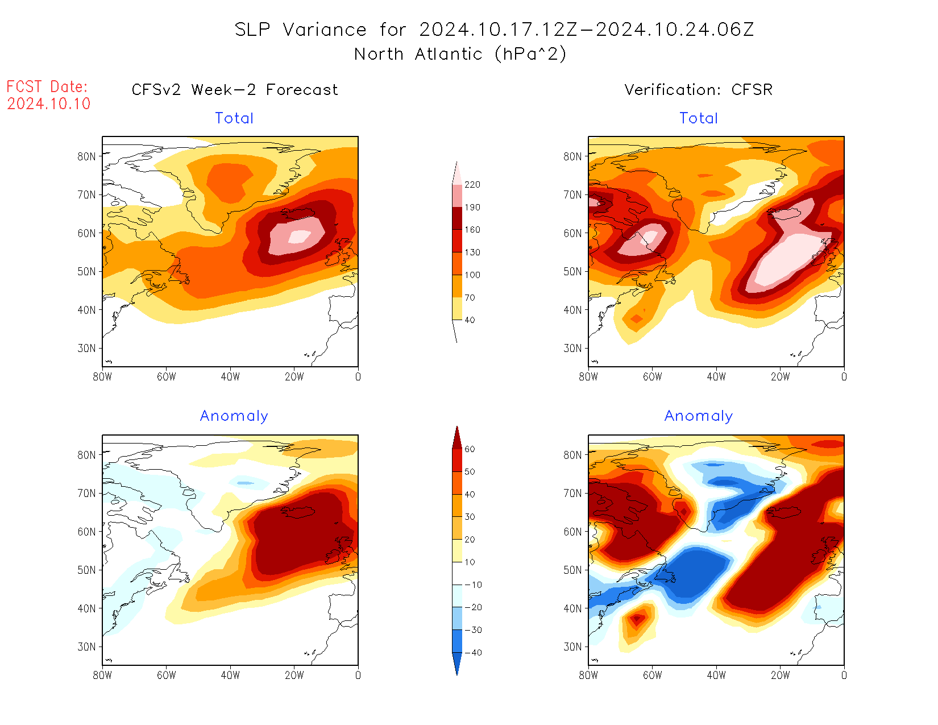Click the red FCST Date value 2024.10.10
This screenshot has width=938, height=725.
click(x=49, y=103)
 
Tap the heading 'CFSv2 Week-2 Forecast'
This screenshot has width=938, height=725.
click(x=235, y=90)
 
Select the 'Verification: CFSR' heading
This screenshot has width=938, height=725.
click(x=699, y=90)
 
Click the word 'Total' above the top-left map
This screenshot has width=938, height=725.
click(x=234, y=118)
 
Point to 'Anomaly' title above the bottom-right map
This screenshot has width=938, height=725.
click(x=699, y=416)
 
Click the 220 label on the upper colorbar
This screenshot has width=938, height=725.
click(x=472, y=185)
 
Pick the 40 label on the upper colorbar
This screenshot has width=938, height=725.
click(x=470, y=320)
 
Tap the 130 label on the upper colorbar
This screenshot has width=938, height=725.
click(x=472, y=252)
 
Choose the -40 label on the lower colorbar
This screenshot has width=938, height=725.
click(x=473, y=653)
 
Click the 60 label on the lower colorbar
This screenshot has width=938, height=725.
click(x=470, y=449)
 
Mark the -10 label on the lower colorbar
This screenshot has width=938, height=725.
click(x=473, y=585)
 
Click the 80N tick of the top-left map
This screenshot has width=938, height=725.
click(x=87, y=156)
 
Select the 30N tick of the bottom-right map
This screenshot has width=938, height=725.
click(x=573, y=647)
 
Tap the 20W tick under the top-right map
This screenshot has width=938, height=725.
click(x=780, y=376)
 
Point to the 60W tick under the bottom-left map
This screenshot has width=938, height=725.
click(x=167, y=675)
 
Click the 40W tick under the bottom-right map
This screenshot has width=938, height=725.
click(x=716, y=675)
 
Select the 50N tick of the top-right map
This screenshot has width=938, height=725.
click(x=573, y=271)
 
